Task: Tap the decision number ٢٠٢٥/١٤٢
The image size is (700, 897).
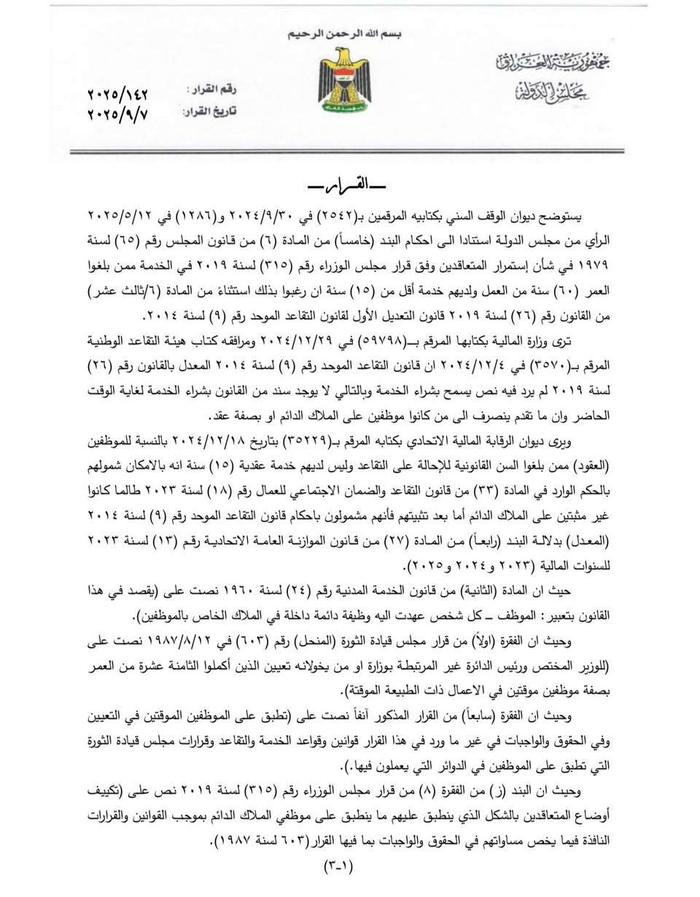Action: [x=117, y=95]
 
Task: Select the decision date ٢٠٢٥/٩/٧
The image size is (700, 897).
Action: [x=117, y=114]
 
